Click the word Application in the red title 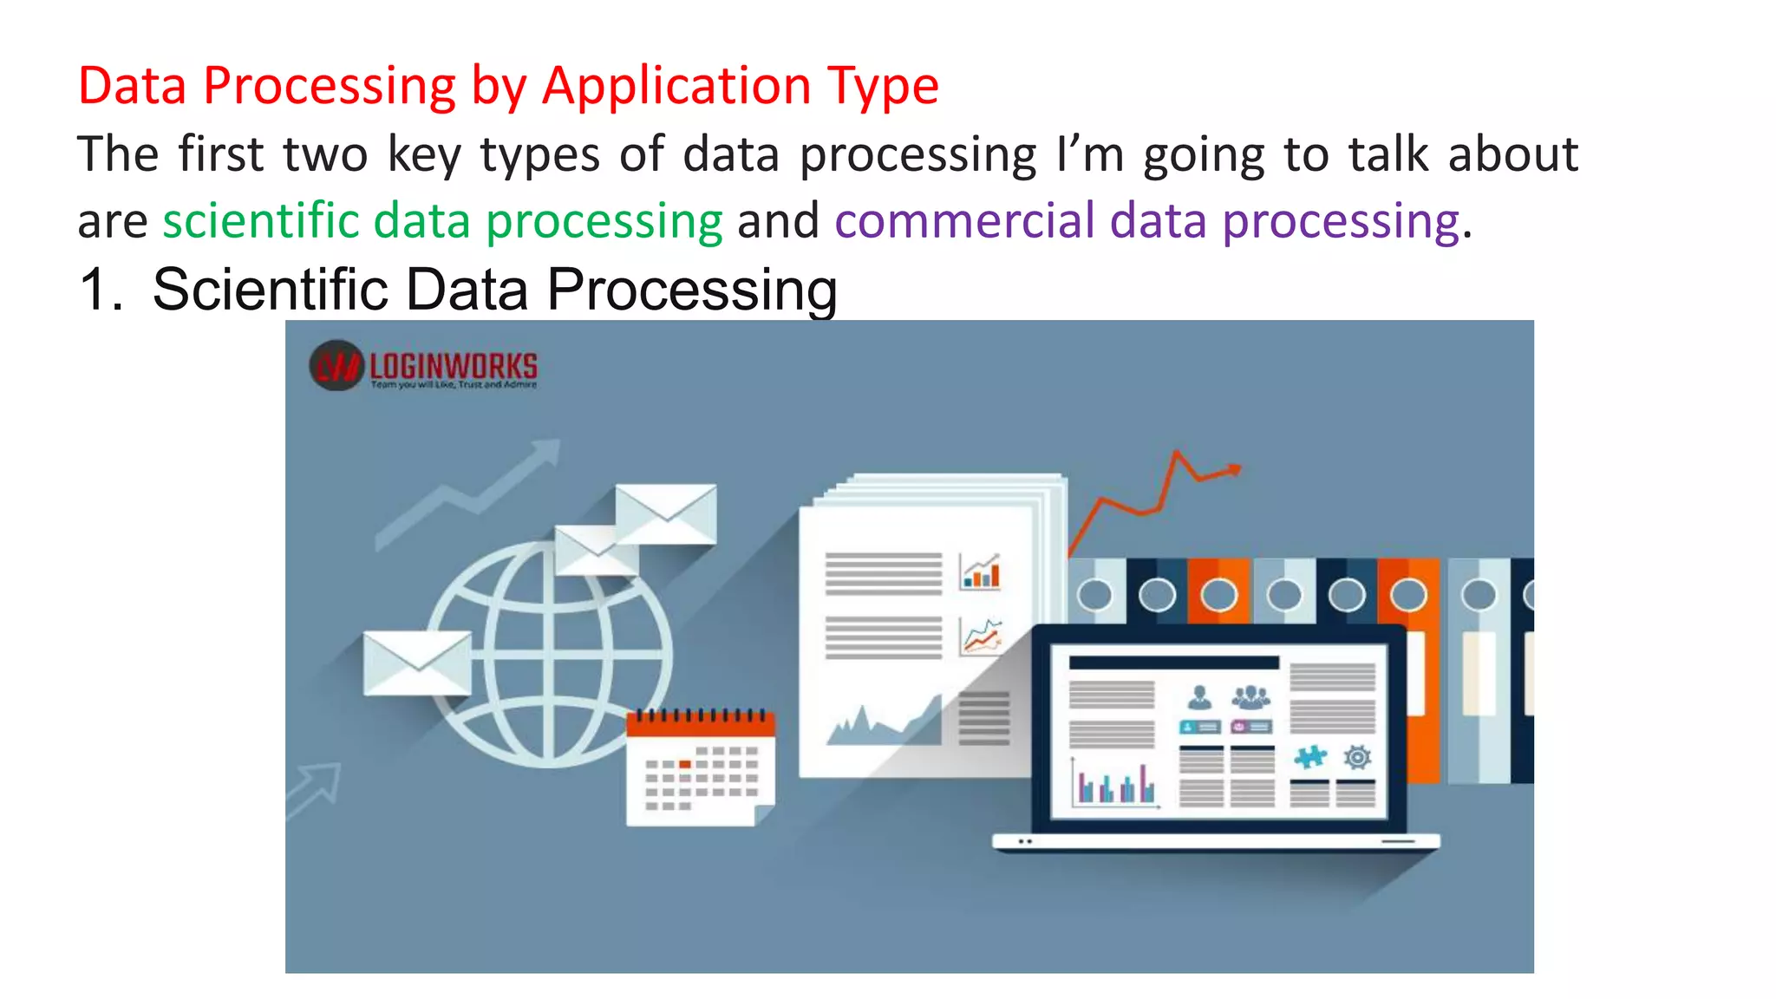[677, 87]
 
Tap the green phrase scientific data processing [442, 221]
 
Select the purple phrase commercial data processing [1146, 221]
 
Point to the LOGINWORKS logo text [453, 365]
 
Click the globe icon [549, 655]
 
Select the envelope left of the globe [417, 662]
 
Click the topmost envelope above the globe [666, 513]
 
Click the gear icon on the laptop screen [1357, 757]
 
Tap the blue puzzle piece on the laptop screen [1309, 757]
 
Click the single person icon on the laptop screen [1199, 696]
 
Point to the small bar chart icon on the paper [981, 571]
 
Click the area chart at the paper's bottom [885, 721]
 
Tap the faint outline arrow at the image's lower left [315, 788]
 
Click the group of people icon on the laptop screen [1250, 696]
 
